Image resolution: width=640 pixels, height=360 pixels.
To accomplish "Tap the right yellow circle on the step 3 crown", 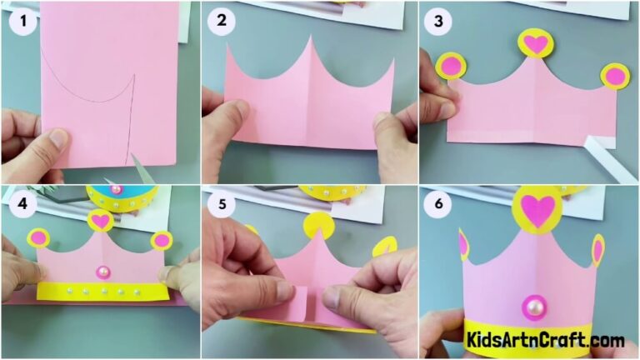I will tap(615, 76).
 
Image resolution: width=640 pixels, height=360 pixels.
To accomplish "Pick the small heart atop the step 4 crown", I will tap(101, 221).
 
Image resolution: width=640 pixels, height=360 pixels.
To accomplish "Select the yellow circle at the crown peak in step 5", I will tap(318, 225).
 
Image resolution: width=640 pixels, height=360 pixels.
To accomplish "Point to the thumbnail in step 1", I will tap(57, 138).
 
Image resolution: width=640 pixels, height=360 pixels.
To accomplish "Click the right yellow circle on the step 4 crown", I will tap(162, 241).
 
